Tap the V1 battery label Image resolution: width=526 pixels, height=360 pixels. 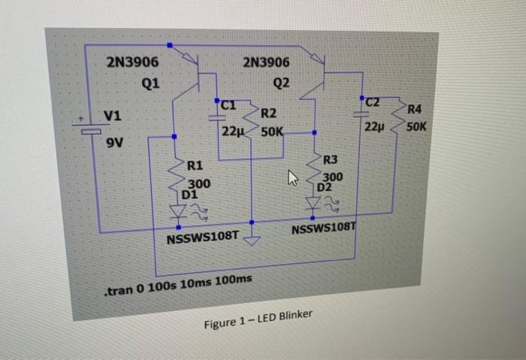coord(114,116)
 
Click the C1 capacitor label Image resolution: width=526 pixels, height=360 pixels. coord(230,105)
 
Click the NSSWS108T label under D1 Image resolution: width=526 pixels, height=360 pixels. coord(202,238)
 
